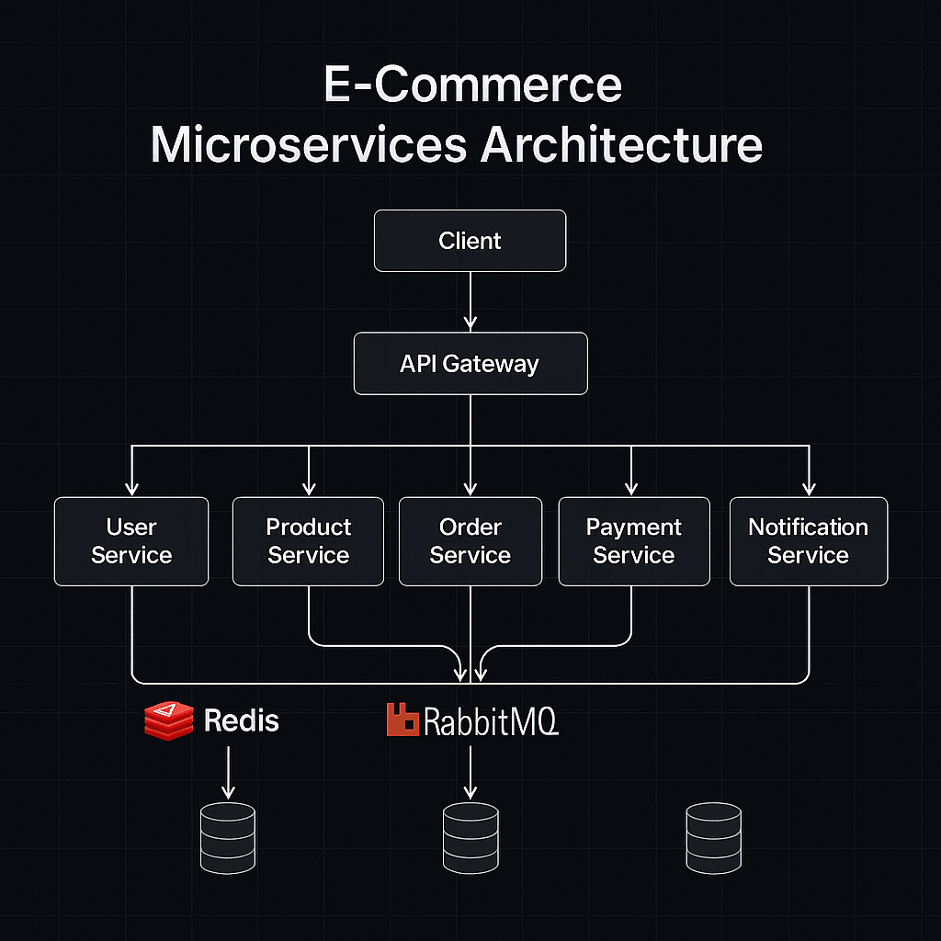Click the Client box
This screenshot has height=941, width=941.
click(x=470, y=241)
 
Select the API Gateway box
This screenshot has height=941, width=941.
click(x=470, y=364)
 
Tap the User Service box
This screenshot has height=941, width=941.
click(x=131, y=541)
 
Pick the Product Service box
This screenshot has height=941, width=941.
click(x=308, y=541)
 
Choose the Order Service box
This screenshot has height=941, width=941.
click(x=470, y=541)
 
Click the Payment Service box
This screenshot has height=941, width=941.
click(x=633, y=541)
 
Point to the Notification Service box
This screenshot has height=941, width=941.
click(x=808, y=541)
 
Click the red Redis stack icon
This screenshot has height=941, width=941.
click(x=169, y=720)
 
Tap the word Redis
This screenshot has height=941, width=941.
click(x=241, y=720)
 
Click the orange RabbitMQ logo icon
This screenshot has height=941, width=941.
click(x=403, y=720)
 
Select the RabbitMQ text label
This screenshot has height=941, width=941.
click(x=490, y=722)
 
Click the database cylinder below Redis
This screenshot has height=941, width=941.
click(x=228, y=837)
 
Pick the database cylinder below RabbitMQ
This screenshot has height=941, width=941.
click(x=470, y=837)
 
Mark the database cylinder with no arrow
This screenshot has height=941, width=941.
click(x=713, y=837)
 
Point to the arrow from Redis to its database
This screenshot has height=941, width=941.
click(x=228, y=772)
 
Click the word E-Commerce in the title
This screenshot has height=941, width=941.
click(x=472, y=85)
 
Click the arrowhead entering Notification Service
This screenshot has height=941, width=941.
click(x=808, y=488)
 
